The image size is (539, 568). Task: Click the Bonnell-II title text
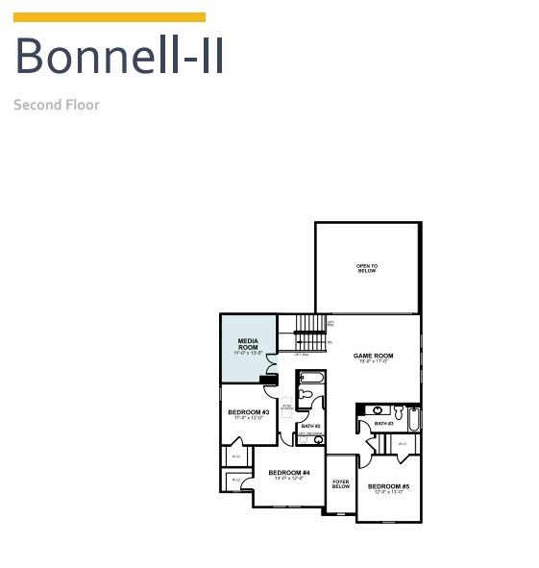(119, 56)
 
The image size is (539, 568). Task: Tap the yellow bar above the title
(110, 17)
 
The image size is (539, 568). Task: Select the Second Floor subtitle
(57, 104)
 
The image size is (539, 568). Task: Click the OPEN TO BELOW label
(367, 269)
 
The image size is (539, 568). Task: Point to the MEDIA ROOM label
(248, 344)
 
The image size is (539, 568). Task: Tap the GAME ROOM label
(373, 356)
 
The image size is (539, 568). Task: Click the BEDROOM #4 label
(288, 472)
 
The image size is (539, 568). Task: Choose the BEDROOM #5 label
(388, 486)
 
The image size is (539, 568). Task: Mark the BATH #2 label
(309, 426)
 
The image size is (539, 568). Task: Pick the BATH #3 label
(383, 423)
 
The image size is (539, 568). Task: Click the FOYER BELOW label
(341, 484)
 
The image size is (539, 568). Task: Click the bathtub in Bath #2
(311, 378)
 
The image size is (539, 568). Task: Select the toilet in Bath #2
(306, 394)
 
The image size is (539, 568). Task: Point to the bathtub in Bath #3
(413, 420)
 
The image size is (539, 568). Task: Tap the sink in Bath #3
(378, 410)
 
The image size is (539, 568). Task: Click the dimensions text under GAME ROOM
(373, 362)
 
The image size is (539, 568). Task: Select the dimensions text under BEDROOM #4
(288, 479)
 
